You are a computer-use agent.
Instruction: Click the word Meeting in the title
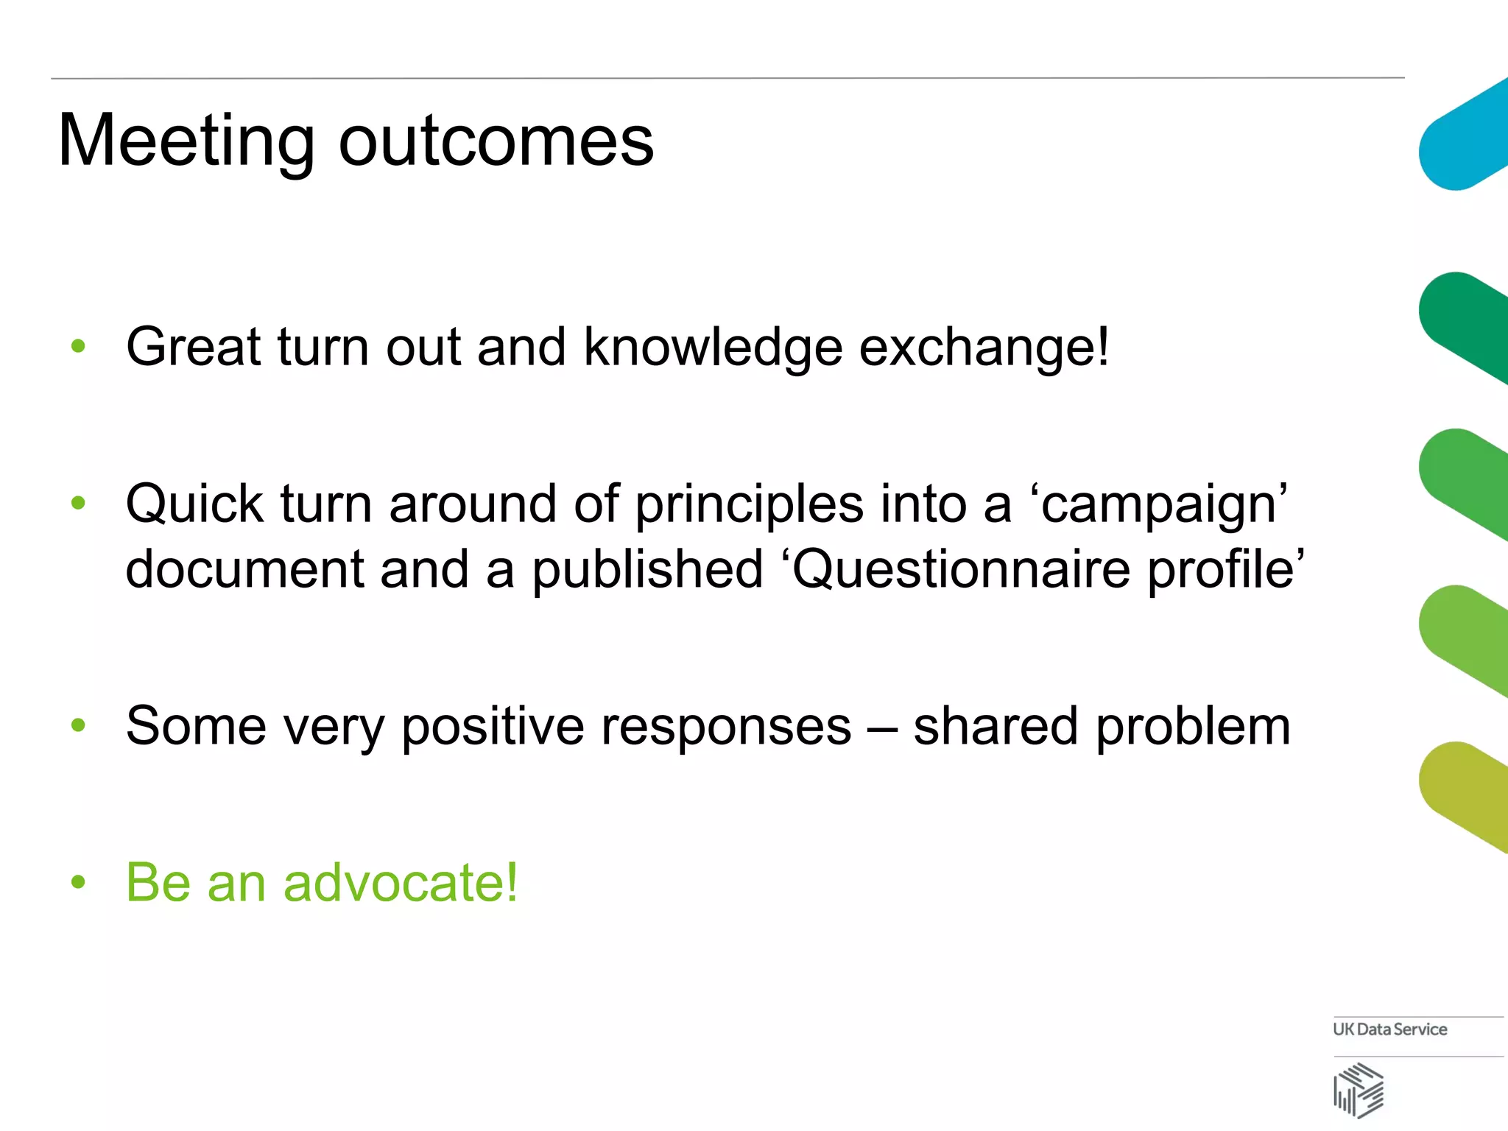click(186, 141)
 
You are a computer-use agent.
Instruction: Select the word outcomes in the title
click(496, 141)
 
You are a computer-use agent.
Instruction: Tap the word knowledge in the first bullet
click(713, 348)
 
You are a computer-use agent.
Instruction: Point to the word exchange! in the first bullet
click(984, 348)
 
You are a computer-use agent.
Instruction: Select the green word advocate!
click(401, 882)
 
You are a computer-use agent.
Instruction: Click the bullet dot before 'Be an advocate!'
click(78, 881)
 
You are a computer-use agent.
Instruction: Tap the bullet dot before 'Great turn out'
click(78, 345)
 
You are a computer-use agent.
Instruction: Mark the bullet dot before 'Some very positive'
click(78, 725)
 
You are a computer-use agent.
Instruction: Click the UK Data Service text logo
click(1389, 1029)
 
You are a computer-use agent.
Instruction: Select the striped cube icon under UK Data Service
click(1359, 1091)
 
